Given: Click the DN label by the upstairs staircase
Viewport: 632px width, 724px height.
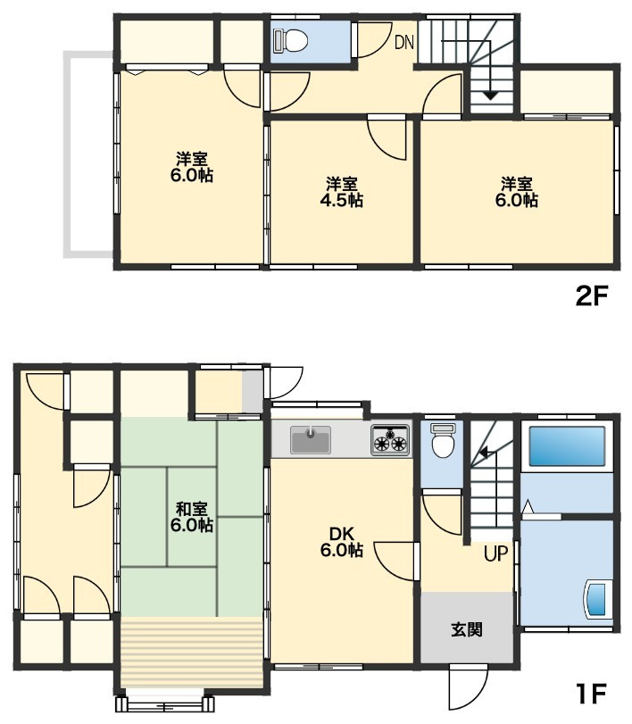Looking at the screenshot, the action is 404,43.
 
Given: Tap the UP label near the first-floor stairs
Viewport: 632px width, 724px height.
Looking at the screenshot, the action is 495,553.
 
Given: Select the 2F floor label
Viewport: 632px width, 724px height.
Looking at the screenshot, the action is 590,296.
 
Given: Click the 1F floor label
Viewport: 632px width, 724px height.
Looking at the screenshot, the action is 591,693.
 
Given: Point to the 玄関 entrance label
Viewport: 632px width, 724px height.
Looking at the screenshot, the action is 467,629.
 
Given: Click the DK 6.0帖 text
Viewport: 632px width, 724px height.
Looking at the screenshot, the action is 342,542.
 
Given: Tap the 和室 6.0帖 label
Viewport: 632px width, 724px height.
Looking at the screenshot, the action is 192,517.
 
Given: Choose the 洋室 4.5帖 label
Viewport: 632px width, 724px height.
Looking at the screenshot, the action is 342,192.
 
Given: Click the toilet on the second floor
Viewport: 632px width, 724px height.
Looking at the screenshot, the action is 290,40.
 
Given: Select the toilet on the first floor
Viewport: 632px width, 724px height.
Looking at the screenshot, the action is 443,441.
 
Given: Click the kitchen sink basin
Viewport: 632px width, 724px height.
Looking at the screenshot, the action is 311,440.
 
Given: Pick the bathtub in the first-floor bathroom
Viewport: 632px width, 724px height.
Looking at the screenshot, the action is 567,446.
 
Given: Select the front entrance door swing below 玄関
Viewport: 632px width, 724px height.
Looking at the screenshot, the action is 469,688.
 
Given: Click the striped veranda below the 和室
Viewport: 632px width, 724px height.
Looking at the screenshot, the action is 191,652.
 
